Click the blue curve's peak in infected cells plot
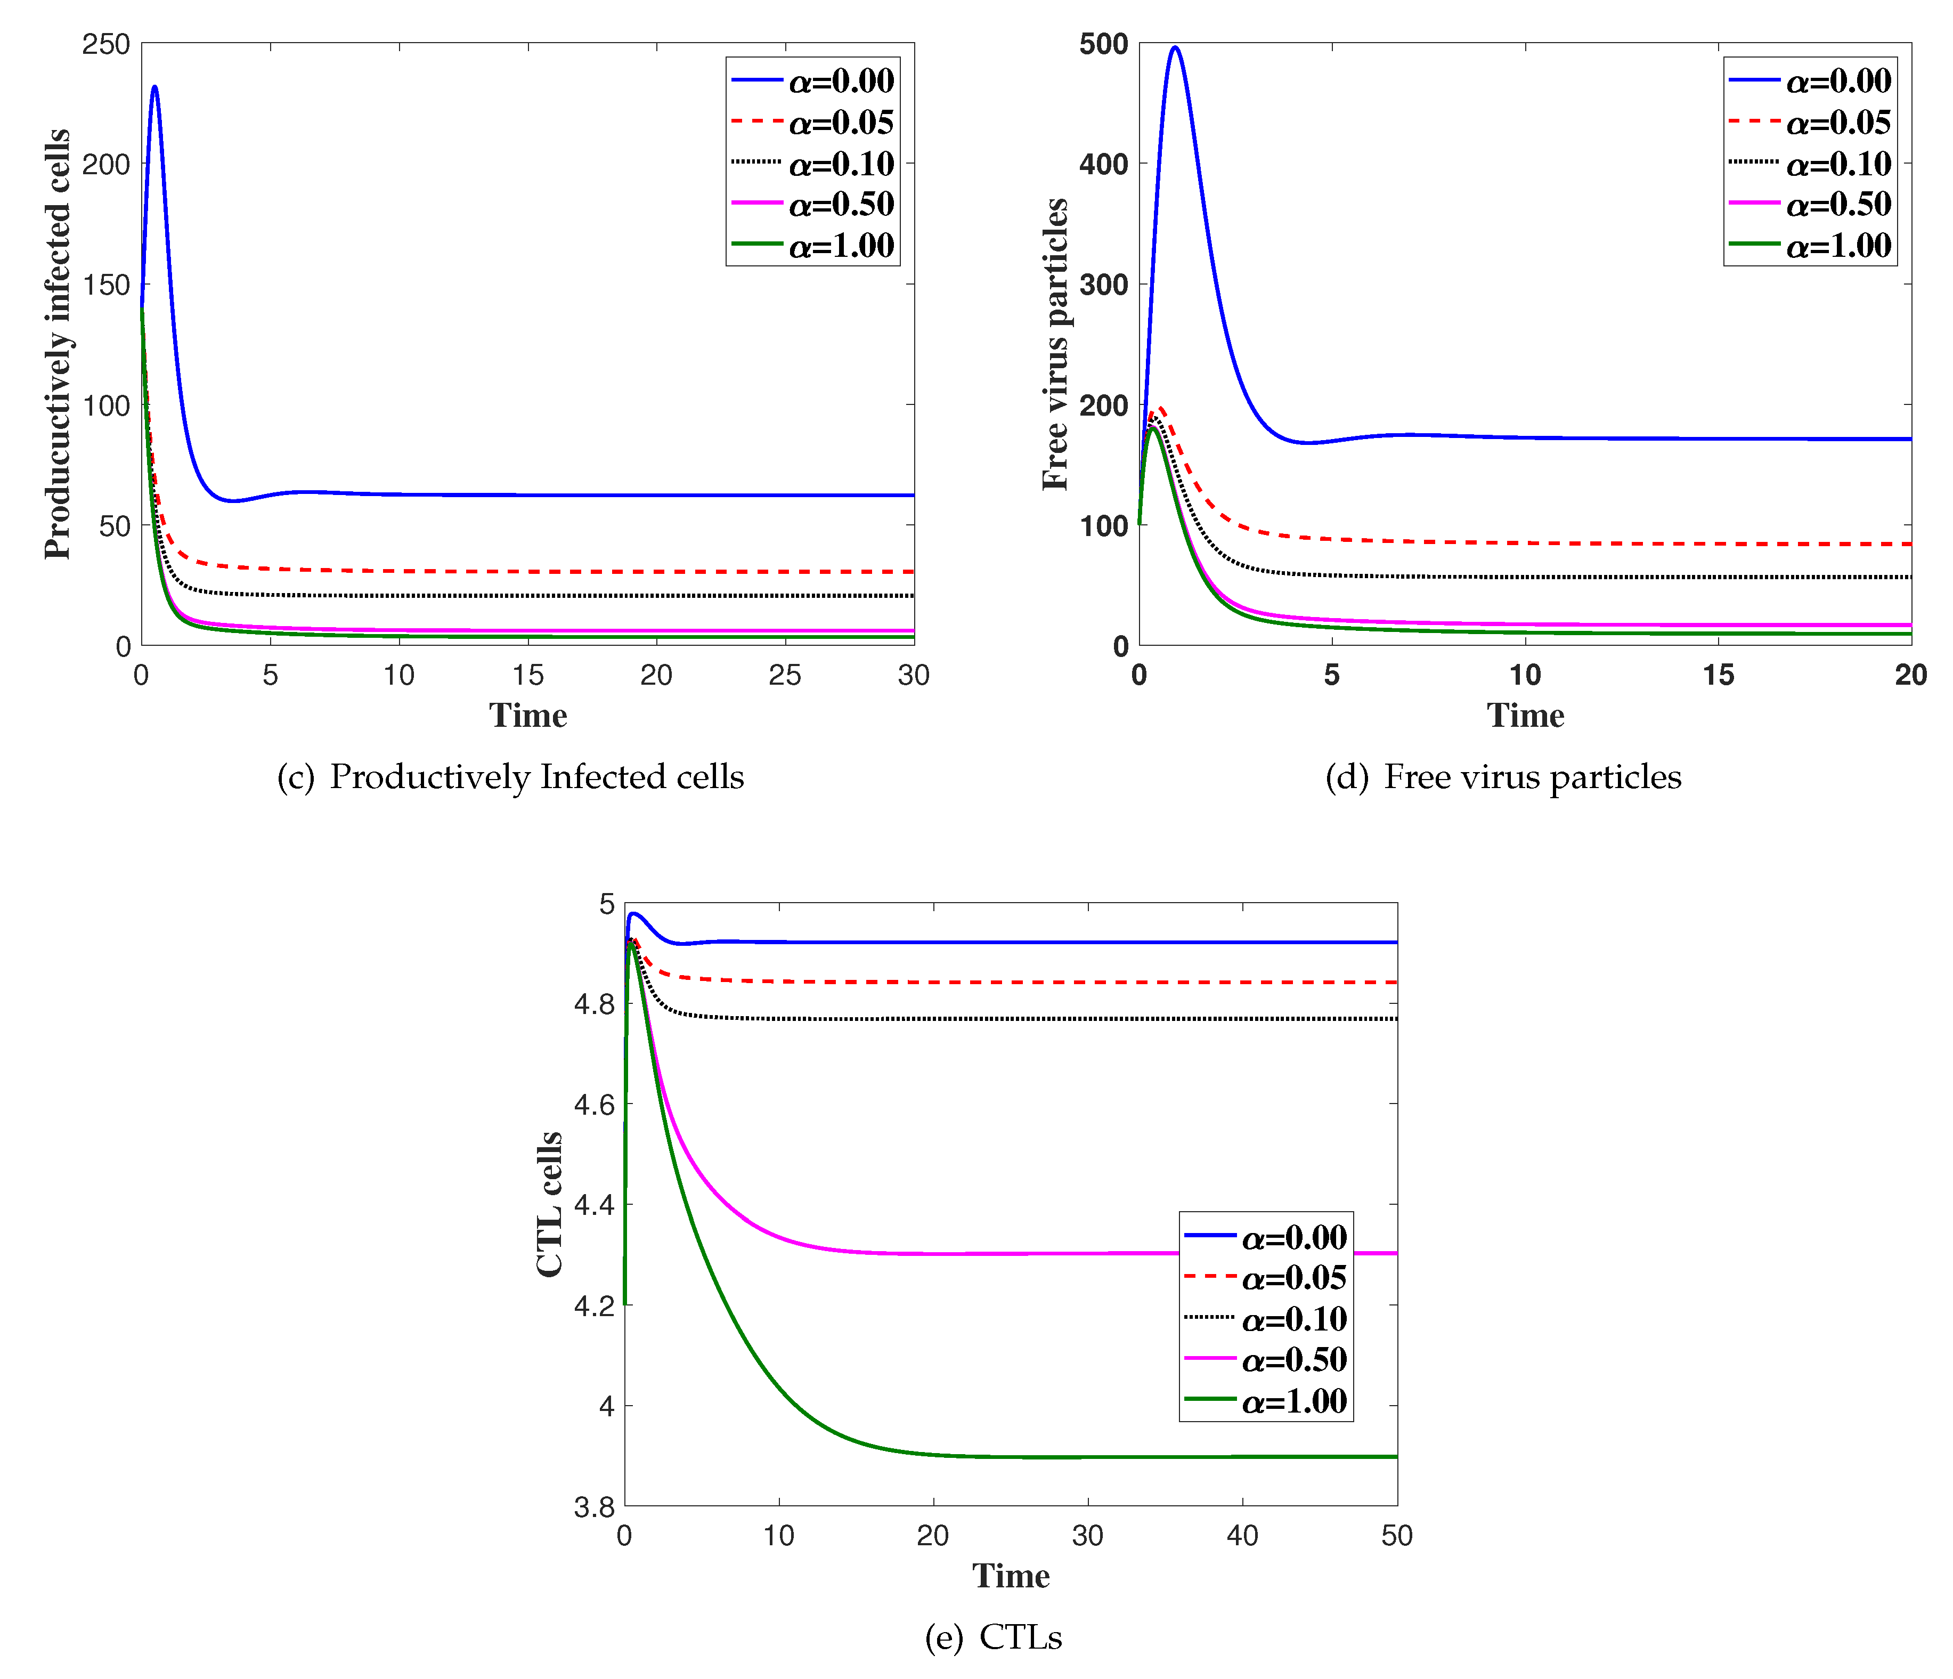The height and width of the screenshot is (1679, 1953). [154, 88]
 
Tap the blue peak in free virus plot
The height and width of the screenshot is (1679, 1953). [1175, 47]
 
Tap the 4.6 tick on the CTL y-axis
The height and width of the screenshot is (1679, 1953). [594, 1104]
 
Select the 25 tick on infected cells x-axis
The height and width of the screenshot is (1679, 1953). [784, 675]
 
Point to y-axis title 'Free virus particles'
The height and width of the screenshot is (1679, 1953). [1056, 344]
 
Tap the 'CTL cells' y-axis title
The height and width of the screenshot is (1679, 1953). [550, 1205]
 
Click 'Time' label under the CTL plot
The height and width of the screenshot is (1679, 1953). [1011, 1576]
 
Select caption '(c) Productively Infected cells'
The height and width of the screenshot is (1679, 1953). [510, 777]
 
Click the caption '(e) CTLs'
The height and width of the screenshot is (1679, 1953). [994, 1637]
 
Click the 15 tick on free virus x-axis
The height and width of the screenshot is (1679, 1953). [1718, 675]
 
